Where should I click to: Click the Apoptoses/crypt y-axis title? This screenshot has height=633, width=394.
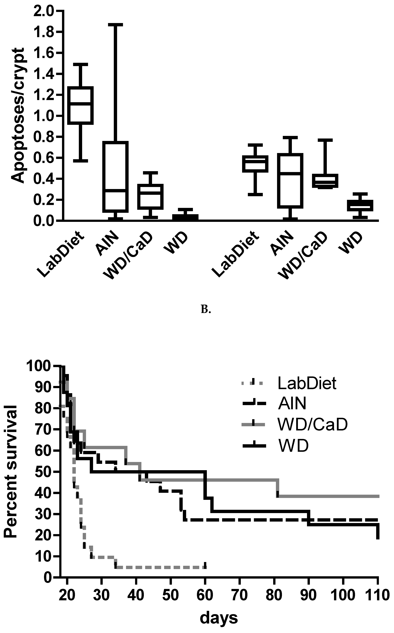pos(18,115)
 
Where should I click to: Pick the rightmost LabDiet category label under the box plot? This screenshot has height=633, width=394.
pos(236,254)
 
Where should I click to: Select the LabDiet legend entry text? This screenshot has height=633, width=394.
pos(307,383)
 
